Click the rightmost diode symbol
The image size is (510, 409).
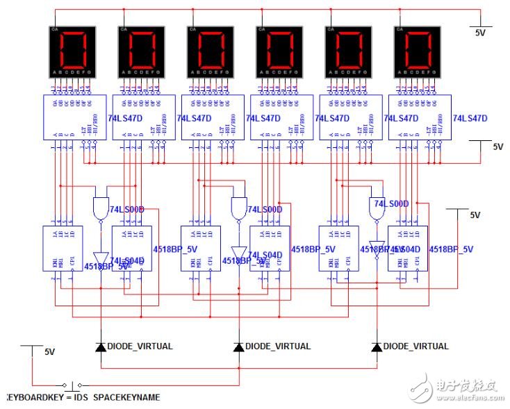[x=377, y=346]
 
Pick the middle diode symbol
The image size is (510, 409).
[x=239, y=346]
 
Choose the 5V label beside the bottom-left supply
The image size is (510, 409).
[x=49, y=352]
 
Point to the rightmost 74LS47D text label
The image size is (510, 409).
[x=470, y=119]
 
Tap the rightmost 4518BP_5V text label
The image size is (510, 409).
[x=451, y=249]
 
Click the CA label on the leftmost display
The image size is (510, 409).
[x=54, y=30]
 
